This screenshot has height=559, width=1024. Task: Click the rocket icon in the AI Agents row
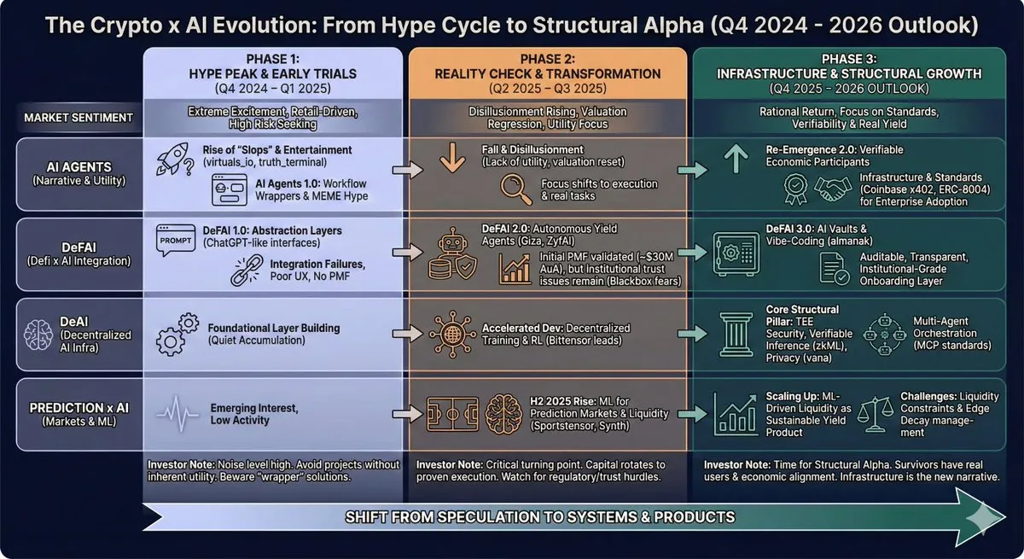(172, 159)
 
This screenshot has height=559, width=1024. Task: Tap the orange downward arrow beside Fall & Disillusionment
(452, 157)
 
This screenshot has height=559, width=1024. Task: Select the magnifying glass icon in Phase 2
(515, 189)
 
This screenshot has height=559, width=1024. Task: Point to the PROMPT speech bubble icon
(176, 240)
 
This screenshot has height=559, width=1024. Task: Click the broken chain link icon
(247, 271)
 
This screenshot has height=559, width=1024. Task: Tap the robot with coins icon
(452, 253)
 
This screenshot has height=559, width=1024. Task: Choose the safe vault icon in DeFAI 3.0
(736, 253)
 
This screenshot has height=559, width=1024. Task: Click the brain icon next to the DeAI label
(38, 335)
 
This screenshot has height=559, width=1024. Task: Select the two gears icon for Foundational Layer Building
(177, 335)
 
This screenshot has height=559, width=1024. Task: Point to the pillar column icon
(736, 335)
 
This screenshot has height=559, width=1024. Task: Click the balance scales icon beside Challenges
(875, 414)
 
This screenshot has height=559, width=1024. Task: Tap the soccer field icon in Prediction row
(452, 414)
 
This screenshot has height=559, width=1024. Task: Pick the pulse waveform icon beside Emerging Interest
(177, 415)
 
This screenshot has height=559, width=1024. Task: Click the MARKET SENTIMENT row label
(79, 118)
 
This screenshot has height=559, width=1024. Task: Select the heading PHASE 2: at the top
(547, 59)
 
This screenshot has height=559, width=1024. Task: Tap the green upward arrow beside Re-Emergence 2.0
(736, 159)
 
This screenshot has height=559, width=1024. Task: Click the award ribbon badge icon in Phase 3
(795, 189)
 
